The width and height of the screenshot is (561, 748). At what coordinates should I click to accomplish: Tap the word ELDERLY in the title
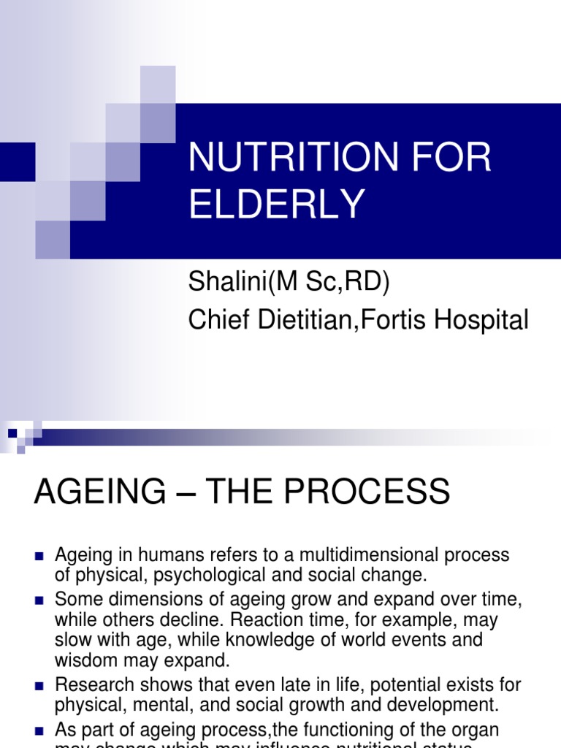click(277, 205)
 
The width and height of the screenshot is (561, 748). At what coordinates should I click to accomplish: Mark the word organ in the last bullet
click(481, 730)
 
